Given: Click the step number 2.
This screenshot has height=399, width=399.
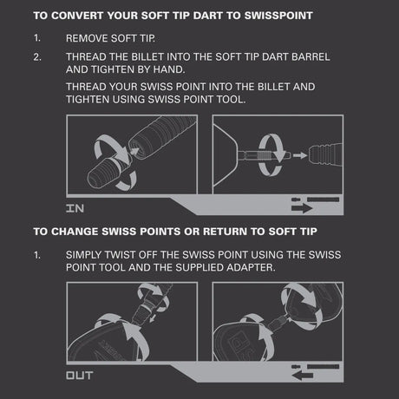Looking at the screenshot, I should [x=37, y=56].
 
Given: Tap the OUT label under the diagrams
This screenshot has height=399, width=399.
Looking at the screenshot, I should [x=80, y=376].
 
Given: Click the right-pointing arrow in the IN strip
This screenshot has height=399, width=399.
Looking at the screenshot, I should [x=302, y=208].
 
